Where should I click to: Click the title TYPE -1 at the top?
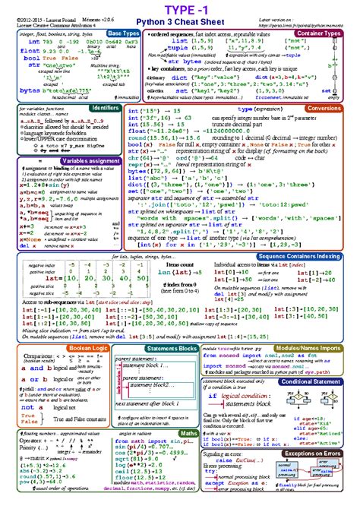[179, 9]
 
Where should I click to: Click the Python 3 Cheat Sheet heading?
[179, 24]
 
